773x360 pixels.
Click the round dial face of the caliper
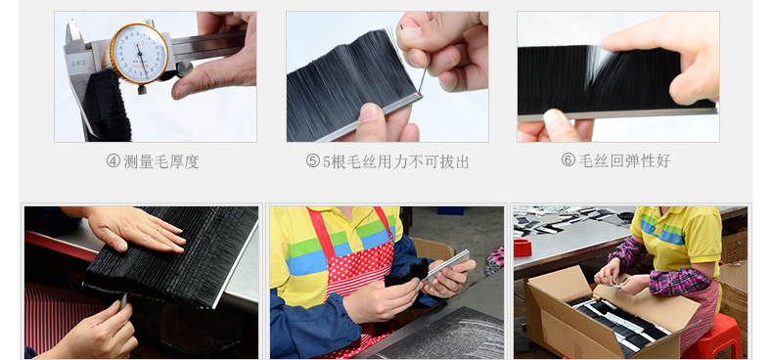(140, 54)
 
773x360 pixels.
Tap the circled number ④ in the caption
(113, 161)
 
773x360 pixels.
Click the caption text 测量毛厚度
(161, 161)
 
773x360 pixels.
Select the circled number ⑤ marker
(312, 161)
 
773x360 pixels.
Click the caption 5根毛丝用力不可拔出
(395, 161)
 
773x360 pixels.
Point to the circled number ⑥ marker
(568, 160)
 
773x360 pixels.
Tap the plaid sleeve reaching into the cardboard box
(675, 285)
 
